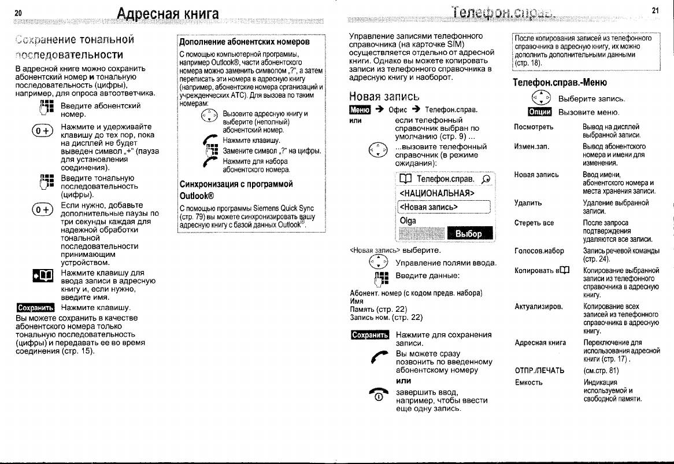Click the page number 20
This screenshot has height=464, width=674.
click(x=18, y=13)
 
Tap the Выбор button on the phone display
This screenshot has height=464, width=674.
click(x=468, y=234)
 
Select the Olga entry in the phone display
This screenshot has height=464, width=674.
click(x=408, y=220)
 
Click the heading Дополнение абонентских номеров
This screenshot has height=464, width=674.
click(x=245, y=42)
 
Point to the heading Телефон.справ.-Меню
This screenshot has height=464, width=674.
click(x=560, y=82)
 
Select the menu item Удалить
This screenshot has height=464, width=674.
click(x=528, y=203)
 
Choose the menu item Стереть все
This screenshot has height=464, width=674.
click(x=534, y=223)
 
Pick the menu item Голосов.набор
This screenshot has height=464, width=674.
click(x=539, y=251)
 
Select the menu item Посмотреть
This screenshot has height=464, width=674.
click(x=534, y=127)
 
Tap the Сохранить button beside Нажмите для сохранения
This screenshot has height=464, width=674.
click(x=369, y=335)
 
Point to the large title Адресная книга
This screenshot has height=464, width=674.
click(x=168, y=13)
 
